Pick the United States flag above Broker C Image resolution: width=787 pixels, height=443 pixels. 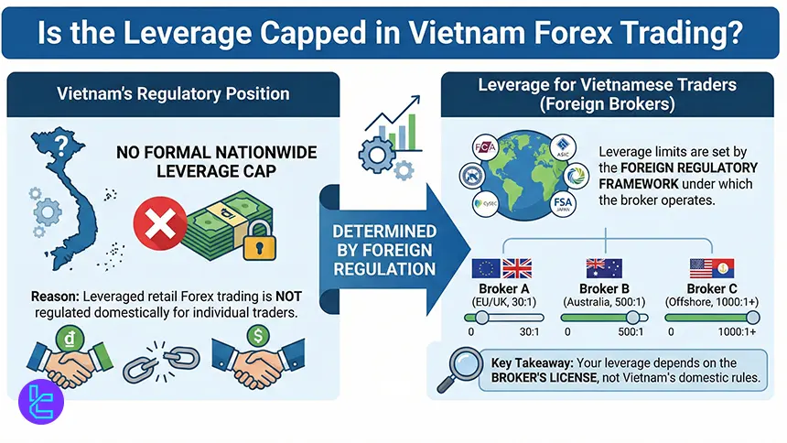pos(703,268)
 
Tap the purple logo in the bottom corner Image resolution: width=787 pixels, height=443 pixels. pos(41,401)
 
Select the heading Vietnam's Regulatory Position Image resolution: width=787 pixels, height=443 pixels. pos(173,93)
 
